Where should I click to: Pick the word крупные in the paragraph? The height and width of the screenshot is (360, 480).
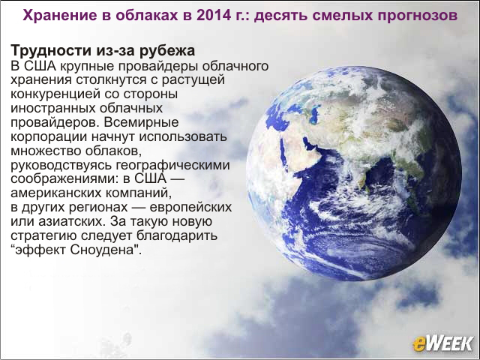coord(79,67)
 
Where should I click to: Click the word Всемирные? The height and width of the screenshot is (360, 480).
coord(141,123)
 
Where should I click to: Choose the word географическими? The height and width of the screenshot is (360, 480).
coord(173,165)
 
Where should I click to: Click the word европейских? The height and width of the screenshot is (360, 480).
coord(190,208)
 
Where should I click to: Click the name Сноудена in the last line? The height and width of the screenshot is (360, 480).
coord(102,250)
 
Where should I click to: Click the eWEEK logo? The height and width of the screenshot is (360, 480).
coord(442,343)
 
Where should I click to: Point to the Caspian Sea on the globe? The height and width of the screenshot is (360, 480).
coord(314,112)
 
